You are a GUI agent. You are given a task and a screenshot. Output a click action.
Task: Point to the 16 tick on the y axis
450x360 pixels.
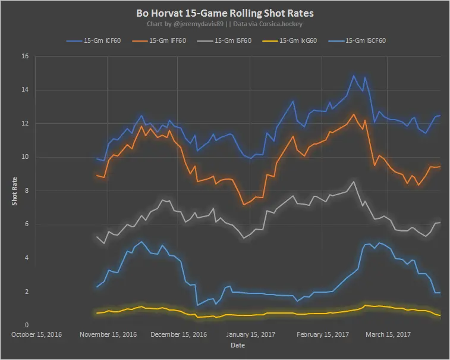[24, 57]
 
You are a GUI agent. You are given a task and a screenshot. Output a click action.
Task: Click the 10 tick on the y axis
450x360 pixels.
[24, 157]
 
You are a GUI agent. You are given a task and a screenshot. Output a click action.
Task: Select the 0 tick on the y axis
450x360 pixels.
[26, 325]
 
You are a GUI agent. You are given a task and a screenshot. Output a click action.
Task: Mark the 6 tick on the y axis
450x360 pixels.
[26, 224]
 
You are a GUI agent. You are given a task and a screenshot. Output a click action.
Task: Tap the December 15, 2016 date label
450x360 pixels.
[178, 334]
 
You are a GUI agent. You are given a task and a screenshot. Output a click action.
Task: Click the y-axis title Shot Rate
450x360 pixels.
[14, 190]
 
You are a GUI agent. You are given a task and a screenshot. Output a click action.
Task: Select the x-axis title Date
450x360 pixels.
[237, 345]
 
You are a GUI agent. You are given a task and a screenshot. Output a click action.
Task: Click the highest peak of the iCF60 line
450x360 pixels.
[354, 76]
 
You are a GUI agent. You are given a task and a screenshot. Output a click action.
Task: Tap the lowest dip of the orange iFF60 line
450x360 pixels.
[244, 205]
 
